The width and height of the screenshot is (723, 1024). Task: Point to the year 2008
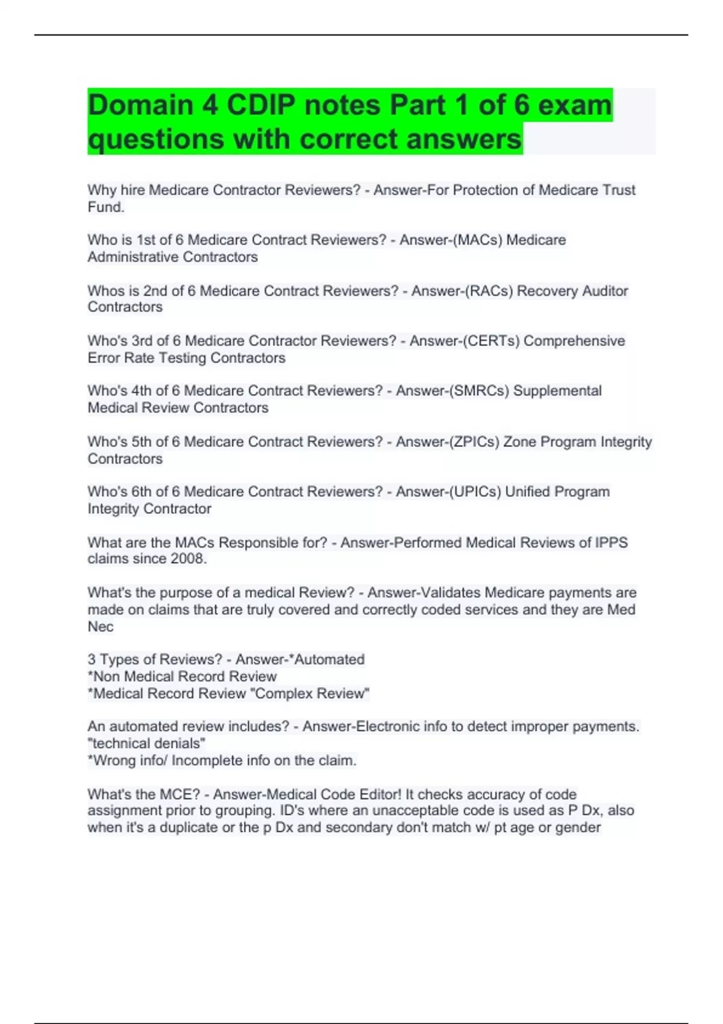click(x=187, y=559)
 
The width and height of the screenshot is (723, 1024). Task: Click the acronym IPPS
click(x=611, y=543)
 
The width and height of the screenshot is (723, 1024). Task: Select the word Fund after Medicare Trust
click(x=105, y=207)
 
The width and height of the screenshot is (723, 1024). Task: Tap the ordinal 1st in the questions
click(x=146, y=240)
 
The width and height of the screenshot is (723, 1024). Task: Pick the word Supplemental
click(x=557, y=391)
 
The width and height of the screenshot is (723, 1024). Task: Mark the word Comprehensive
click(x=574, y=341)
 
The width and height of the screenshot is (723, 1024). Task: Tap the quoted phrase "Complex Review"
click(x=312, y=693)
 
